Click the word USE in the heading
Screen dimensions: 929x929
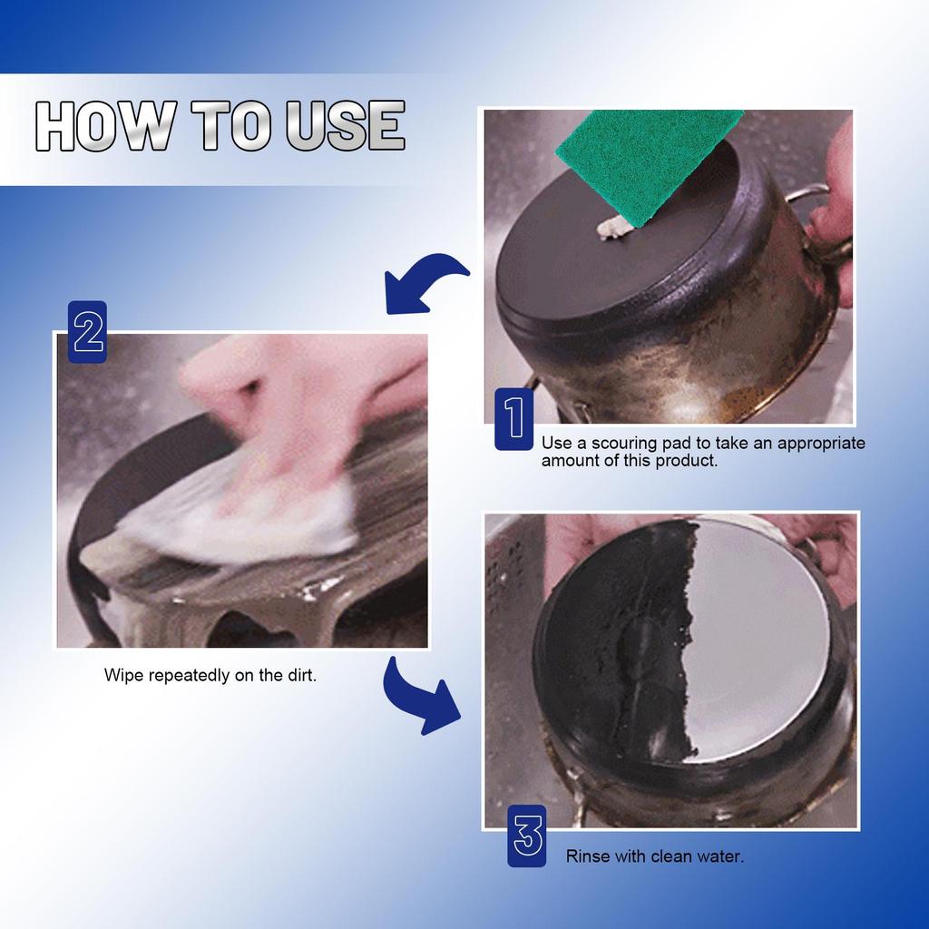point(346,126)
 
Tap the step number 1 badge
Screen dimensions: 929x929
point(513,418)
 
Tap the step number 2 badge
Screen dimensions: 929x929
point(88,332)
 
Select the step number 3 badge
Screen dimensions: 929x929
point(527,835)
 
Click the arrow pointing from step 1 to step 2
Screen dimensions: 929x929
point(424,283)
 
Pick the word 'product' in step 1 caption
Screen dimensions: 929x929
point(686,461)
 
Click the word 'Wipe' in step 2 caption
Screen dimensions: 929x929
point(122,676)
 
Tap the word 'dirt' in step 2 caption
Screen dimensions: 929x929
point(298,676)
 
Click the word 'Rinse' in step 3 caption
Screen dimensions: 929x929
point(587,856)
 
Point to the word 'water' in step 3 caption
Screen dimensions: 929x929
point(721,856)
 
